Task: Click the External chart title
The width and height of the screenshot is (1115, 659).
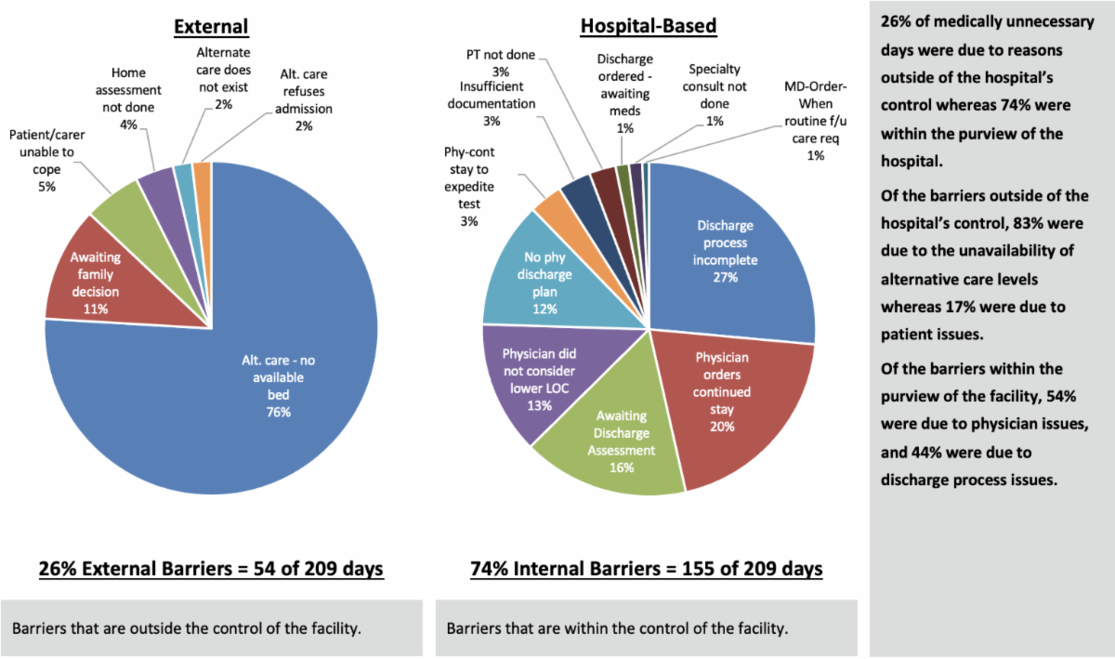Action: pyautogui.click(x=211, y=26)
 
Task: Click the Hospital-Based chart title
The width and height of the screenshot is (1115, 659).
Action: pyautogui.click(x=648, y=26)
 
